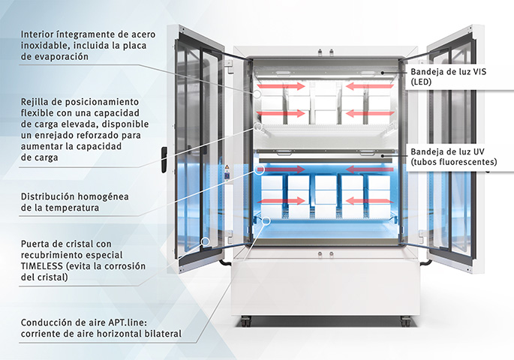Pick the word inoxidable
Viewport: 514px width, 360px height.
[x=47, y=45]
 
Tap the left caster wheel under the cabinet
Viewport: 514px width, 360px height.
[x=244, y=321]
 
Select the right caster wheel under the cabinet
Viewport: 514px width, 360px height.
[x=406, y=321]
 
